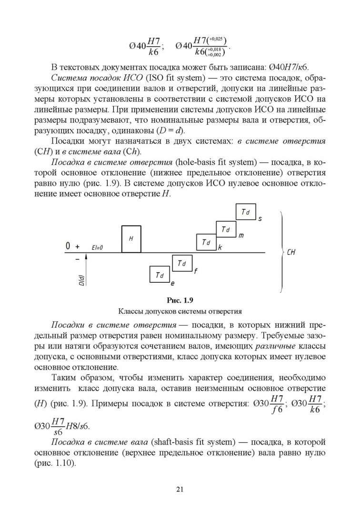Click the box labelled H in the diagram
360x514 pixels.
click(131, 239)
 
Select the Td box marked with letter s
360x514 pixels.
click(246, 212)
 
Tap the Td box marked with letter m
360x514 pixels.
click(226, 229)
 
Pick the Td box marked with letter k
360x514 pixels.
click(206, 242)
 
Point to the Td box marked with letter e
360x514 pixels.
click(160, 275)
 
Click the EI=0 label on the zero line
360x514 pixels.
click(97, 248)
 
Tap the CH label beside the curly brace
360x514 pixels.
click(291, 252)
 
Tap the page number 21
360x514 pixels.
click(180, 489)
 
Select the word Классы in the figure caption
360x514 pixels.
click(130, 312)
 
